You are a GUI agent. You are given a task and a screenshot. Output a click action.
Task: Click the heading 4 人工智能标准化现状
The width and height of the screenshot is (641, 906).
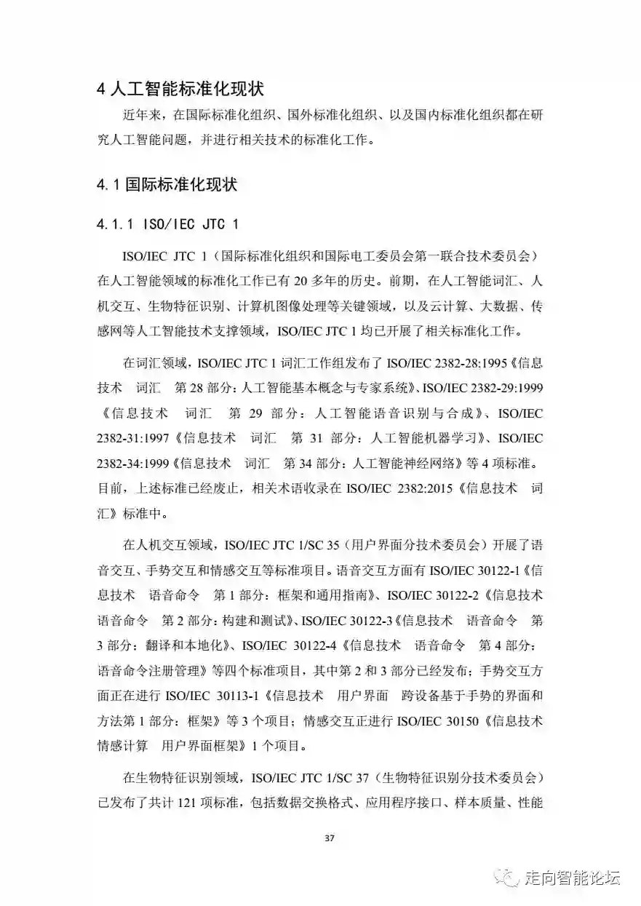pos(180,90)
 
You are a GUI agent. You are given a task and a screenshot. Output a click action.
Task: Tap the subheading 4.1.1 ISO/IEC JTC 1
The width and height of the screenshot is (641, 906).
pos(167,223)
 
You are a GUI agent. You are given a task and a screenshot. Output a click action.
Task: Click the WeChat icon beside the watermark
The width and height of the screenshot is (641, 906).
pos(507,878)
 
